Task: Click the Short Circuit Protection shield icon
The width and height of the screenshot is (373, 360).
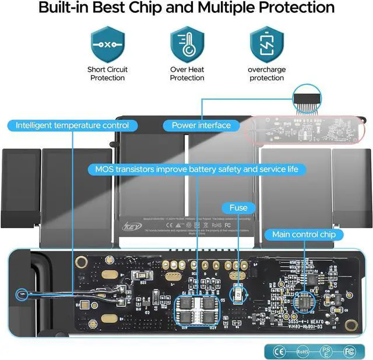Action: [108, 44]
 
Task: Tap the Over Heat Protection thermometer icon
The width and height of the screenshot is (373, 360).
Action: [187, 44]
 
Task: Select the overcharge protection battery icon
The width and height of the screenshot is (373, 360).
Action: [266, 44]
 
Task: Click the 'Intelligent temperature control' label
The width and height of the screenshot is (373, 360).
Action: [72, 125]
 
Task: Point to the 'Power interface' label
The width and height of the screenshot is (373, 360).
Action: [201, 125]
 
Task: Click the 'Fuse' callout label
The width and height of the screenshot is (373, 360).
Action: [238, 207]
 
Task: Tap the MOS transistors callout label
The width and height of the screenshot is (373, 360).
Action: [196, 169]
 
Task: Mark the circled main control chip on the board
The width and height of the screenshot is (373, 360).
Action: [304, 302]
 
